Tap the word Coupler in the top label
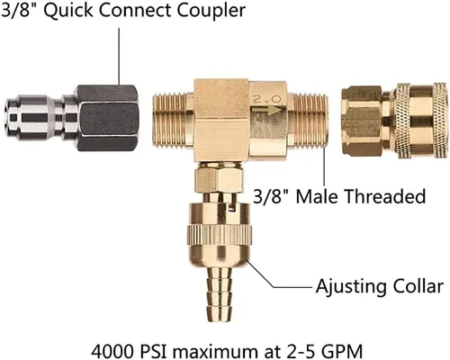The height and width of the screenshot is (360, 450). click(x=211, y=11)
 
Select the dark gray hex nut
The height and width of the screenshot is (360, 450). click(x=107, y=118)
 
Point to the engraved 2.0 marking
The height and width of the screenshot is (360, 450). click(x=267, y=99)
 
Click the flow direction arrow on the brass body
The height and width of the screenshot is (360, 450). click(x=266, y=110)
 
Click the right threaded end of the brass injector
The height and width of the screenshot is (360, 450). click(x=310, y=121)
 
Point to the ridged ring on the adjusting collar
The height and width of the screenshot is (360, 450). click(x=220, y=235)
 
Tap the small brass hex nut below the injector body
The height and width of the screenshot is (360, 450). click(x=218, y=180)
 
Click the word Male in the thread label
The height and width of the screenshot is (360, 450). click(x=316, y=196)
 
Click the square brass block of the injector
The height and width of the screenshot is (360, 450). click(x=221, y=120)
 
